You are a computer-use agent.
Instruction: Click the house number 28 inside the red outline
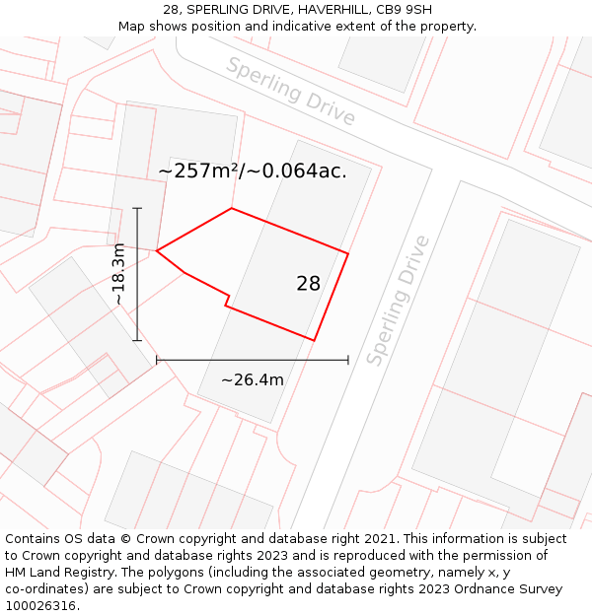click(308, 284)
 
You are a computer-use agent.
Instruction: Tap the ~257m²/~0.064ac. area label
click(253, 171)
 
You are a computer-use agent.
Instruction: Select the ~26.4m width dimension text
click(253, 380)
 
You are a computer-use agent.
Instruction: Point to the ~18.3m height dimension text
click(118, 273)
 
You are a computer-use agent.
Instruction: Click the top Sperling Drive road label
click(290, 91)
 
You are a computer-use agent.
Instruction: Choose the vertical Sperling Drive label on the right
click(398, 300)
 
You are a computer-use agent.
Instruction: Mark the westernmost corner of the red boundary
click(157, 250)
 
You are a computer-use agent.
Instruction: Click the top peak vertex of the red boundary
click(232, 208)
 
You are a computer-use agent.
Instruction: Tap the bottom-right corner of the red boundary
click(314, 341)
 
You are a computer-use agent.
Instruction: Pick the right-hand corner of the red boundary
click(348, 253)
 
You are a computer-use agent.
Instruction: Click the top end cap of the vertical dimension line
click(137, 208)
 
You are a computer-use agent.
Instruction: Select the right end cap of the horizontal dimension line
click(348, 361)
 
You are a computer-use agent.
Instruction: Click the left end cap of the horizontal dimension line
click(157, 361)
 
